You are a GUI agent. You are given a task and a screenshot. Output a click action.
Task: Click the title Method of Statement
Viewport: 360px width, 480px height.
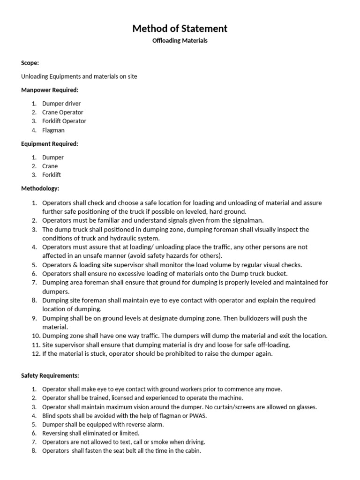180,29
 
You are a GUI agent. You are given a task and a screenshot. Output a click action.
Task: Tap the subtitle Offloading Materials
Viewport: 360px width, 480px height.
180,41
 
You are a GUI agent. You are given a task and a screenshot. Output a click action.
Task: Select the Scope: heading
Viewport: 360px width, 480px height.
30,63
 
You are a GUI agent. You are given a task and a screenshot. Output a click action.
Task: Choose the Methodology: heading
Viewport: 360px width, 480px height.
40,188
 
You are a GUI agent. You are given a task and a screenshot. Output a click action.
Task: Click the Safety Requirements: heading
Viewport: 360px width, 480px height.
50,375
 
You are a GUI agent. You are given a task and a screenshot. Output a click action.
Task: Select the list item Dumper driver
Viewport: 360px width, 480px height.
61,104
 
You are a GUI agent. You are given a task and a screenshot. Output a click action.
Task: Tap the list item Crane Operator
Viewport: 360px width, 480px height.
63,112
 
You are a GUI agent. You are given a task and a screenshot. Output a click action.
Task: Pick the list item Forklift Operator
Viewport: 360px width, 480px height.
64,121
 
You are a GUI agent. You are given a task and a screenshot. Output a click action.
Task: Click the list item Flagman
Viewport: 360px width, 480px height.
53,130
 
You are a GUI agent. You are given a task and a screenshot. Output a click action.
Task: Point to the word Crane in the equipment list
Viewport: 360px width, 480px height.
50,166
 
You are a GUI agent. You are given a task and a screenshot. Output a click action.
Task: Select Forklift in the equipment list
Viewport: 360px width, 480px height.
52,175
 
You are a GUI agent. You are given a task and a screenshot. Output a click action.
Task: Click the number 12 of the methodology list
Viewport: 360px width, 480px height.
36,354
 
